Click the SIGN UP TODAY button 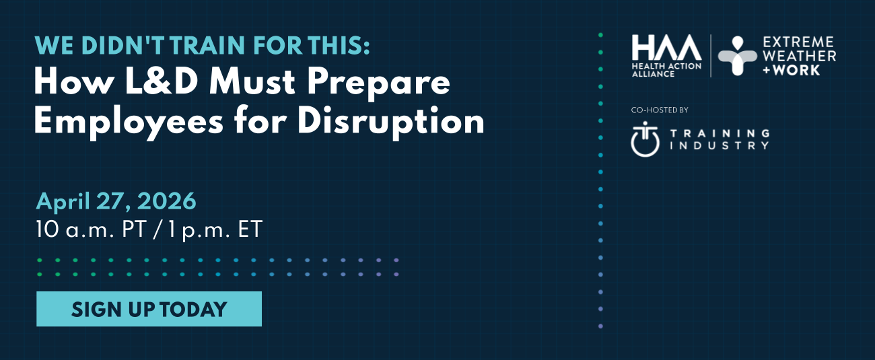click(149, 309)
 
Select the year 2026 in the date click(166, 201)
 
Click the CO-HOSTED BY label click(660, 110)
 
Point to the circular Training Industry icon click(645, 139)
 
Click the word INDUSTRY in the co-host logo click(720, 145)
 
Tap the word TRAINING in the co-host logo click(720, 133)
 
